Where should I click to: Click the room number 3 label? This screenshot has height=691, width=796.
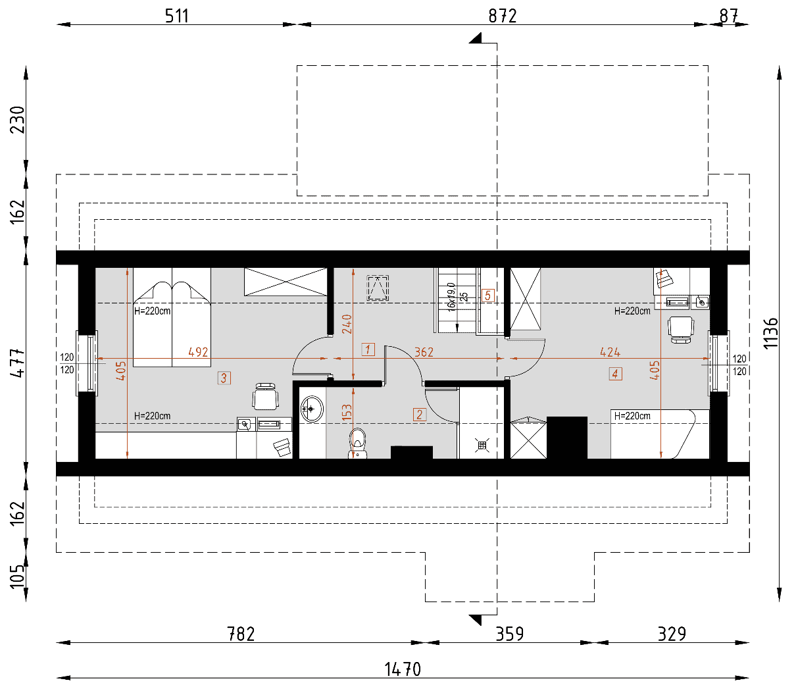(x=224, y=378)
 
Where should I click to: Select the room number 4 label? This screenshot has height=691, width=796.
(x=615, y=374)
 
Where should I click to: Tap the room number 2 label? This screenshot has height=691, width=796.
(x=420, y=415)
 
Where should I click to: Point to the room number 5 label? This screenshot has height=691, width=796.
(x=488, y=295)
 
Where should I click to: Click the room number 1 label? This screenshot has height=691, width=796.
(x=368, y=349)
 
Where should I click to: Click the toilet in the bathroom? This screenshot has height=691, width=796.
(x=357, y=443)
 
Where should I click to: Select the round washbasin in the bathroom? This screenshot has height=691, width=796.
(x=312, y=409)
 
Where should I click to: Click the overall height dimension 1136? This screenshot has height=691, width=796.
(x=770, y=334)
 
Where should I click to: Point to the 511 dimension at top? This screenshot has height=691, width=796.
(x=176, y=16)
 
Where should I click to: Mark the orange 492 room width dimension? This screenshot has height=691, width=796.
(x=198, y=352)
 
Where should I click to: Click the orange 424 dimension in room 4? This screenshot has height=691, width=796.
(x=610, y=352)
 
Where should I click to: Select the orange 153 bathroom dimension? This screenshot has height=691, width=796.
(x=347, y=412)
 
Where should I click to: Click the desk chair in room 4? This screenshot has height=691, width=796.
(x=681, y=330)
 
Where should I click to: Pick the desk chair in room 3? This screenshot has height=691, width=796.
(x=265, y=396)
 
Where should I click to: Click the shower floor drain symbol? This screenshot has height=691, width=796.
(x=482, y=445)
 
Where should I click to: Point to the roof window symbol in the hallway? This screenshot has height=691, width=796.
(x=378, y=288)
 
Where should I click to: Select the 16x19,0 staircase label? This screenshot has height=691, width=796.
(x=451, y=297)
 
